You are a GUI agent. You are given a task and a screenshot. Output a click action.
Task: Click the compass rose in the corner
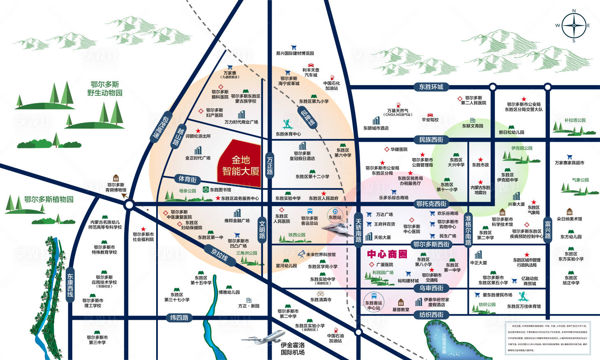[x=574, y=25]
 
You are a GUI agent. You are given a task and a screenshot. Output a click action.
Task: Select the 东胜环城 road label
[x=431, y=87]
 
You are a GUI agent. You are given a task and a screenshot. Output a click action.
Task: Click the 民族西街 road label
[x=431, y=140]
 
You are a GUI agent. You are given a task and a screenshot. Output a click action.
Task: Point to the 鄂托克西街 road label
[x=431, y=203]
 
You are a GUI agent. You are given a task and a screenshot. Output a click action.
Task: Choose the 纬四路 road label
[x=179, y=318]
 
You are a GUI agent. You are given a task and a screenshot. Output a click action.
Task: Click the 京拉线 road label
[x=219, y=255]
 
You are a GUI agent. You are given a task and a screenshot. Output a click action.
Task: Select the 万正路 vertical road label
[x=270, y=166]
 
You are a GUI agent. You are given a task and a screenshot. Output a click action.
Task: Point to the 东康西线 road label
[x=70, y=285]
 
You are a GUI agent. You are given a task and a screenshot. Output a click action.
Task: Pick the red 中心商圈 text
[x=387, y=254]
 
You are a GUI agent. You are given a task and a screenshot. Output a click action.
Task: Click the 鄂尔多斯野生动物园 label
[x=105, y=88]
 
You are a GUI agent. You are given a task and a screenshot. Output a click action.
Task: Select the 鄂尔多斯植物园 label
[x=48, y=199]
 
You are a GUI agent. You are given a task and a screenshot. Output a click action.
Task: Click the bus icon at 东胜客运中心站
[x=374, y=296]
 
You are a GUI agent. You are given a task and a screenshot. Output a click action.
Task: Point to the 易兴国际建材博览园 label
[x=295, y=53]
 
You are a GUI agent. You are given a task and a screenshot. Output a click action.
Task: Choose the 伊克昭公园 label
[x=522, y=148]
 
